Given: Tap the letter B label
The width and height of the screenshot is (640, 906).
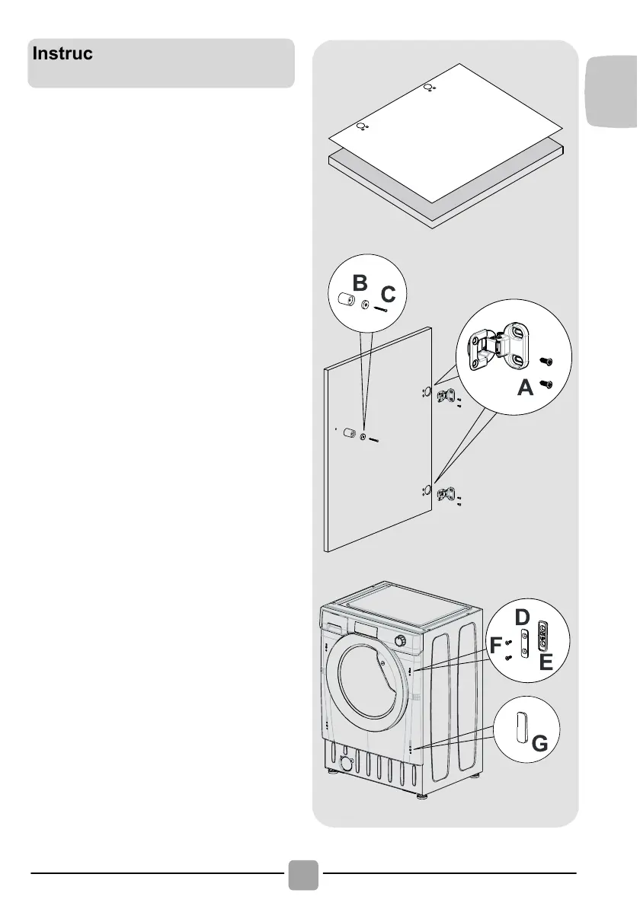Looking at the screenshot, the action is (360, 284).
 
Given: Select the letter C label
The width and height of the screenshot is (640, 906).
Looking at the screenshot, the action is (388, 293).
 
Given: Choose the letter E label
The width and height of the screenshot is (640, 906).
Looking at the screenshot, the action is (545, 662).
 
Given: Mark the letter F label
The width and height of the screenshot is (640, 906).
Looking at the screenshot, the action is (497, 646).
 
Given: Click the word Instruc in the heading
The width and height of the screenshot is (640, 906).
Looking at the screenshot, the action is (62, 55).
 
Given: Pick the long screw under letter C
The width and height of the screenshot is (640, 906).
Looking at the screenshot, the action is (380, 308).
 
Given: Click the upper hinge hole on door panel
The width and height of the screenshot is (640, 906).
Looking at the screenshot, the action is (427, 392).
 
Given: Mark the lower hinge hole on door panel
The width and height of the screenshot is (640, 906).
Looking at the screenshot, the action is (427, 490).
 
